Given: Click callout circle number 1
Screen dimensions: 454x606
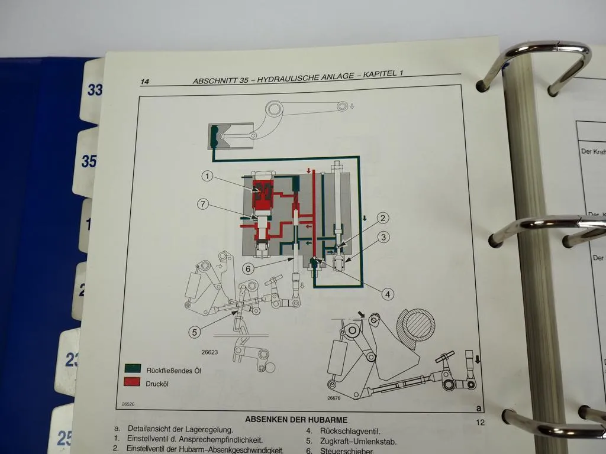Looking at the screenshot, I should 207,176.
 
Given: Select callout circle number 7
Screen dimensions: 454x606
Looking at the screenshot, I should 203,205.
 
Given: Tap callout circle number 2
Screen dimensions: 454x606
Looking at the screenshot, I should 383,218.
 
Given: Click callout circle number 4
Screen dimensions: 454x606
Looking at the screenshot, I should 388,293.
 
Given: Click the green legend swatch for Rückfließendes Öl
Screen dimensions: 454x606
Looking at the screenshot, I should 133,370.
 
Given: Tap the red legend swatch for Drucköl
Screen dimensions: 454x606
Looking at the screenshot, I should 133,383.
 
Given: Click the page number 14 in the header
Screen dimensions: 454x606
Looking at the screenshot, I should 144,82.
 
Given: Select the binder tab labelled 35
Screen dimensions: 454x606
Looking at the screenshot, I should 89,161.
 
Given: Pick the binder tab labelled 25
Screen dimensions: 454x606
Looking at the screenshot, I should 65,438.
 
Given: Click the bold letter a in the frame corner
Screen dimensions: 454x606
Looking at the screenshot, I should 478,408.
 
